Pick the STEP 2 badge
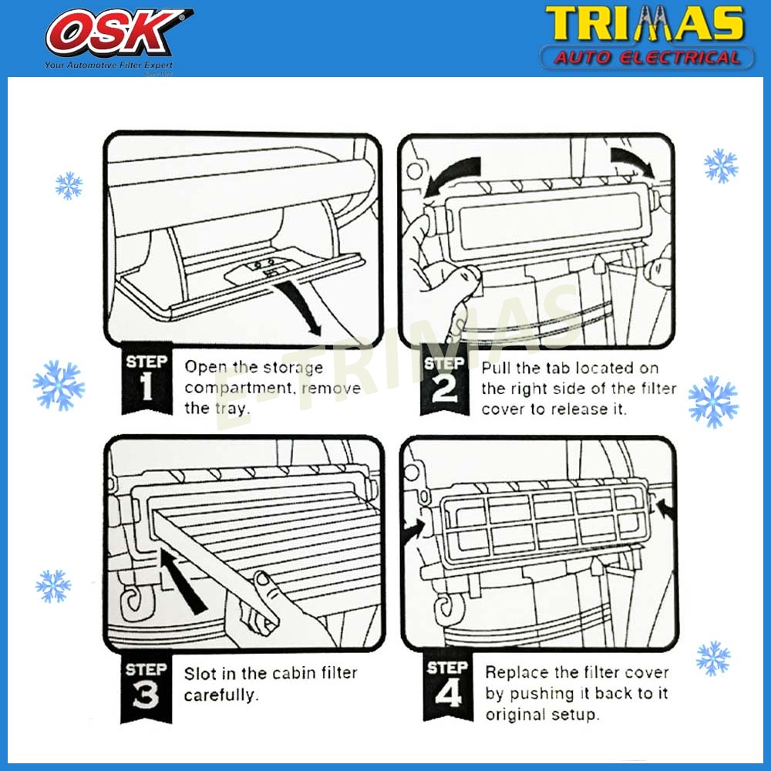click(444, 381)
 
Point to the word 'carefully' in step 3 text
click(219, 695)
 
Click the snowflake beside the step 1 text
click(59, 385)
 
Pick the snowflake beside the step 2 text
click(712, 401)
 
